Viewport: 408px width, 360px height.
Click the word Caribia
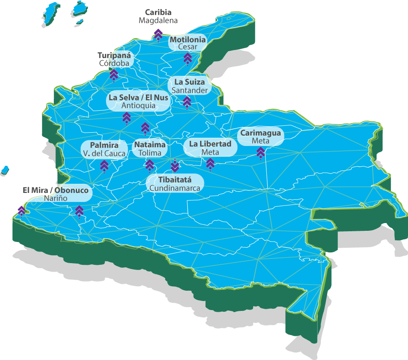[x=158, y=12]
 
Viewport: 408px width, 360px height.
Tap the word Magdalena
[x=158, y=20]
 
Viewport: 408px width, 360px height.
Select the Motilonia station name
[x=188, y=40]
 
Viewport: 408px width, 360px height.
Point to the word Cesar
[x=188, y=47]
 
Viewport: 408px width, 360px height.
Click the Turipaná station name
[x=114, y=56]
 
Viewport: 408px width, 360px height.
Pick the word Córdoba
[x=114, y=63]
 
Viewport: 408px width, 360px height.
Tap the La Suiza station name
[x=190, y=82]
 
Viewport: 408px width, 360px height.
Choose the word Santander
[x=190, y=90]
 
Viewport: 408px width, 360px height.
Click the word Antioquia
[x=138, y=106]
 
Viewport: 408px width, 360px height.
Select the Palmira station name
[x=104, y=145]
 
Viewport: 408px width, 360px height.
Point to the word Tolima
[x=150, y=153]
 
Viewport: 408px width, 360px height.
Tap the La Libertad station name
[x=210, y=144]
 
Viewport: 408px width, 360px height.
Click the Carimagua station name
[x=260, y=133]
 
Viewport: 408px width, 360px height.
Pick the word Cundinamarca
[x=175, y=188]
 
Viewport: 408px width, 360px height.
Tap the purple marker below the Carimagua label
[x=260, y=152]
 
